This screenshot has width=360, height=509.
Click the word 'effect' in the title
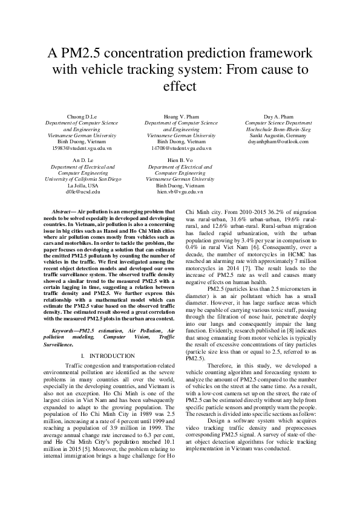click(x=180, y=86)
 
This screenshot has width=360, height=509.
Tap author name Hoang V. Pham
click(x=181, y=115)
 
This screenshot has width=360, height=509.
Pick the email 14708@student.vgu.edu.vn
click(x=181, y=148)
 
